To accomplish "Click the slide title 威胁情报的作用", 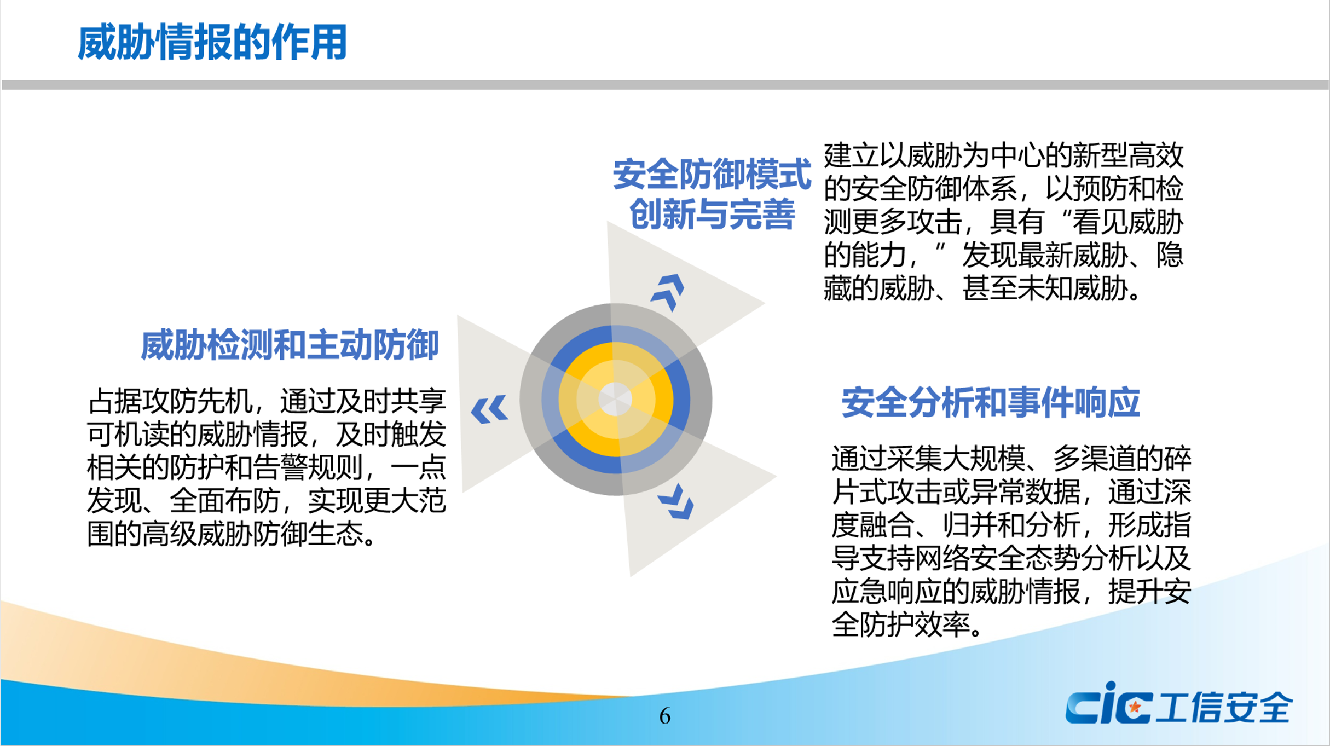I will coord(212,43).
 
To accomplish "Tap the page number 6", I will coord(664,716).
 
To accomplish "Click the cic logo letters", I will coord(1108,705).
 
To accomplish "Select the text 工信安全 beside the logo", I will coord(1224,707).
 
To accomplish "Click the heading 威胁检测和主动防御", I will coord(290,345).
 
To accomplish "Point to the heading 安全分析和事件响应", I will coord(990,403).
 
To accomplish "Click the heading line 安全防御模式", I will coord(711,175).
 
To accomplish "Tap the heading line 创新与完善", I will coord(711,214).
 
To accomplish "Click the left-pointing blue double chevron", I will coord(489,409).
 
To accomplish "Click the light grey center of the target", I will coord(615,399).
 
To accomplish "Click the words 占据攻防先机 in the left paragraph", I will coord(170,401).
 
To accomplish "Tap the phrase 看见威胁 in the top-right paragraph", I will coord(1127,222).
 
